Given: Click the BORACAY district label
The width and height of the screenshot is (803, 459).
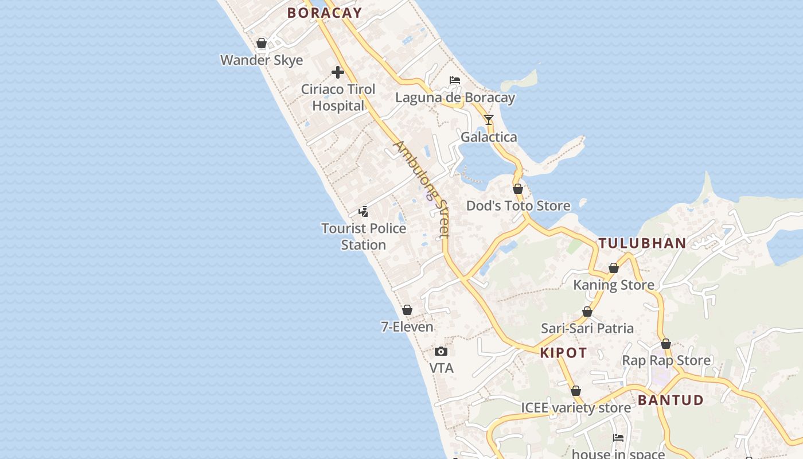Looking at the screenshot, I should click(325, 13).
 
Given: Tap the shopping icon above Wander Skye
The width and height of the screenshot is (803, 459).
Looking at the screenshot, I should click(262, 43).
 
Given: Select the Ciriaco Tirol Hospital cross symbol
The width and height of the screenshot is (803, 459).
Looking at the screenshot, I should click(338, 72).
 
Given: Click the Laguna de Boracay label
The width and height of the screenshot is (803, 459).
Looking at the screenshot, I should click(455, 98).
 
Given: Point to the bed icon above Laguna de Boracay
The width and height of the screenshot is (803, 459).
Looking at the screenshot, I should click(455, 80).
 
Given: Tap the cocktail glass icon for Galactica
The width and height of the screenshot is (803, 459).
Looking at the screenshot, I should click(489, 120).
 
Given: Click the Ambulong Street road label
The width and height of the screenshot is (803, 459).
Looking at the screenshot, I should click(422, 189).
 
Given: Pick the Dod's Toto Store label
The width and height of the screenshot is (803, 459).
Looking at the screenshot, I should click(518, 205).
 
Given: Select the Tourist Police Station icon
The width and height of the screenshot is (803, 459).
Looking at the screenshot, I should click(363, 212).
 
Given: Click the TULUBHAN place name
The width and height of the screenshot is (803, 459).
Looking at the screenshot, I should click(642, 243).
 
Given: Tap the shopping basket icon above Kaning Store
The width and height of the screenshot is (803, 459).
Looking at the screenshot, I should click(614, 268).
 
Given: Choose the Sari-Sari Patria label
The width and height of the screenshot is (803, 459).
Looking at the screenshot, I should click(587, 328).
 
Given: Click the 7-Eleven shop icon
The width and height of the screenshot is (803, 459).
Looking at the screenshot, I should click(407, 310).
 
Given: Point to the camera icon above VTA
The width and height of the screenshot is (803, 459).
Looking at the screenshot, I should click(441, 351).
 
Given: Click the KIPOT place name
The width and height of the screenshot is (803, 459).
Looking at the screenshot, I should click(563, 353).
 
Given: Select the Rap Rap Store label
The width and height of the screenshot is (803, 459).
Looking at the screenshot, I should click(666, 360).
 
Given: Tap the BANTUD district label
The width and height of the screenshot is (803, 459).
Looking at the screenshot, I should click(671, 400).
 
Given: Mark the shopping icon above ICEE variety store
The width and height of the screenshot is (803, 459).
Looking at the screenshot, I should click(576, 391).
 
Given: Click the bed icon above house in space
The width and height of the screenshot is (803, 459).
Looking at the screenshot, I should click(618, 437).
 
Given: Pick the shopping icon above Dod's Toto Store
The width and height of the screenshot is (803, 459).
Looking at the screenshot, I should click(518, 189).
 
